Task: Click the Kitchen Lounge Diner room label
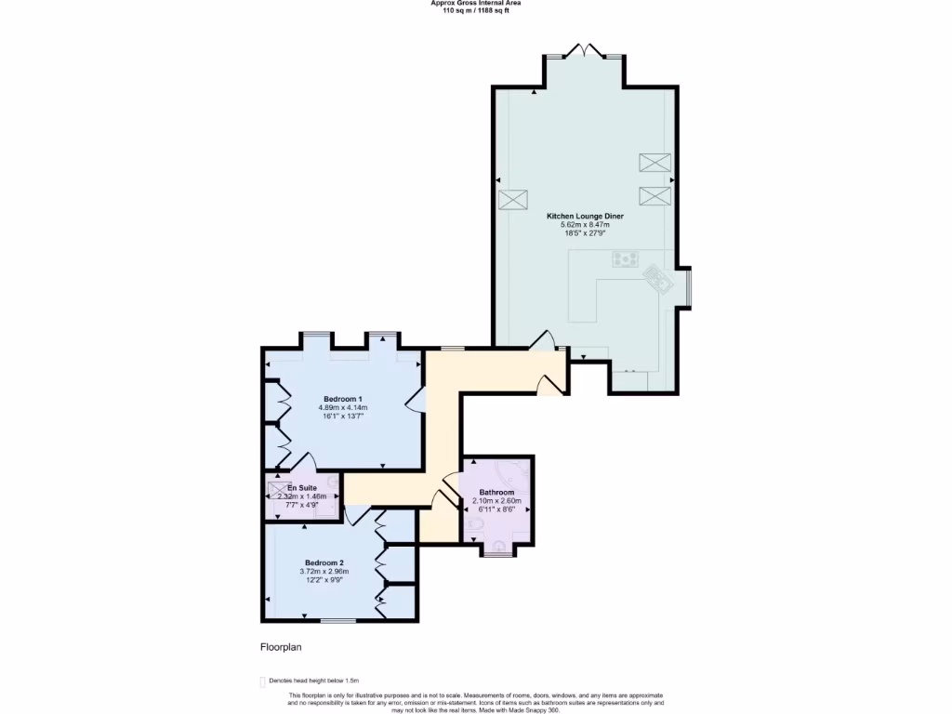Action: click(x=585, y=216)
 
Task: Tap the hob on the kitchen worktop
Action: click(x=623, y=259)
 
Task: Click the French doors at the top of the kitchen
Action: click(x=585, y=51)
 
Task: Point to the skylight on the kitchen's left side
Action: click(x=512, y=200)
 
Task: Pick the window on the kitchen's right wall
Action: click(x=688, y=287)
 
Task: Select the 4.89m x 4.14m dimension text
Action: click(x=343, y=408)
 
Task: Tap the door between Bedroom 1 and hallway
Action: click(x=416, y=400)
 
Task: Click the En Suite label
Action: click(x=301, y=488)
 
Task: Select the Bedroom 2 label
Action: click(x=324, y=562)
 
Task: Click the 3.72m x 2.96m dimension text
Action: click(x=324, y=572)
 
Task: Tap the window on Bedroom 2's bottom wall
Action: click(x=338, y=620)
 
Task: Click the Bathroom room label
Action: click(x=496, y=492)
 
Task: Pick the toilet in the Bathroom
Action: click(x=473, y=528)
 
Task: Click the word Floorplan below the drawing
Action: click(x=281, y=647)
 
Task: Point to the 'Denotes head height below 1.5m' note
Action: click(x=313, y=681)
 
